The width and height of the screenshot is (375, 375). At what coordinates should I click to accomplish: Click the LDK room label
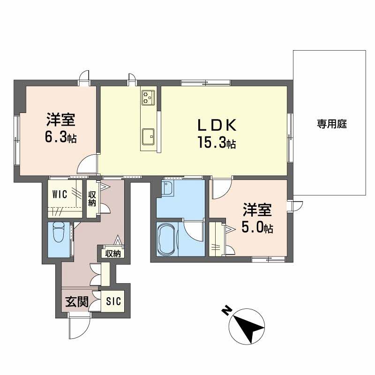[218, 126]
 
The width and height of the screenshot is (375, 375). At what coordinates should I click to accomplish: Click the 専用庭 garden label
[331, 124]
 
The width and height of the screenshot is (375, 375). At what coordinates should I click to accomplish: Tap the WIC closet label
[60, 194]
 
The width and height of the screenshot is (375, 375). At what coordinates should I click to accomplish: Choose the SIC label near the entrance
[113, 301]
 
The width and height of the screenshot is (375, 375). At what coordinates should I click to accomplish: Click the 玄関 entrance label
[77, 302]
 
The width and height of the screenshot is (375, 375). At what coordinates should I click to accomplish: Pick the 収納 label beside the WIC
[92, 199]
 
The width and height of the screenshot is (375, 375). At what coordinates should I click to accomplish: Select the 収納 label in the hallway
[112, 254]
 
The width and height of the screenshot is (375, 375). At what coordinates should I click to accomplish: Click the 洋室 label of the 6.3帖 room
[60, 120]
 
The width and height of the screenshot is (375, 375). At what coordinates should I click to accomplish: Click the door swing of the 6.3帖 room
[88, 165]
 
